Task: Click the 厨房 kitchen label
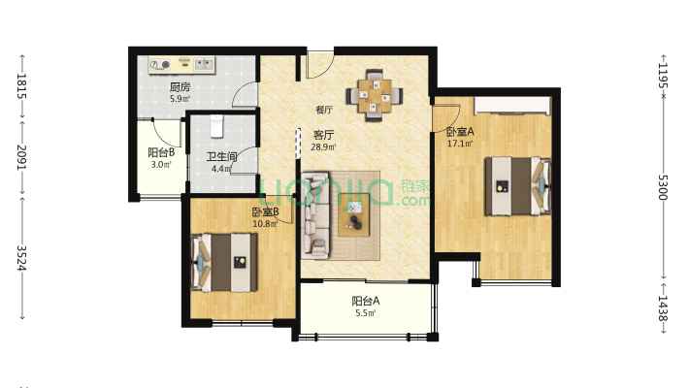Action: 180,87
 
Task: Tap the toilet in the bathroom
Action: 216,126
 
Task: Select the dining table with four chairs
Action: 375,96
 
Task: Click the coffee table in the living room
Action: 354,215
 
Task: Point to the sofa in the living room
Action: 315,215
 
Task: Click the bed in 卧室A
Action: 517,186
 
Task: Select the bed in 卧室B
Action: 224,262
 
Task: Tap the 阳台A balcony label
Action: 365,301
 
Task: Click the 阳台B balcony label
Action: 161,152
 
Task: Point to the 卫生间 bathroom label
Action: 222,156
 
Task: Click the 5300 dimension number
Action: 663,187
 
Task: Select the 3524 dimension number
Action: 22,258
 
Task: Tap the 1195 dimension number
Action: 663,75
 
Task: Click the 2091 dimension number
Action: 22,157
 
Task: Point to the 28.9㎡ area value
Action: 323,147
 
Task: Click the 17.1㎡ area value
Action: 460,144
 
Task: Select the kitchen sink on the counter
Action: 205,65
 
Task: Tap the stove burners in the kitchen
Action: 159,65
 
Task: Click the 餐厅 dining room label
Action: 324,110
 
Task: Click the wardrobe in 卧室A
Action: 512,106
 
